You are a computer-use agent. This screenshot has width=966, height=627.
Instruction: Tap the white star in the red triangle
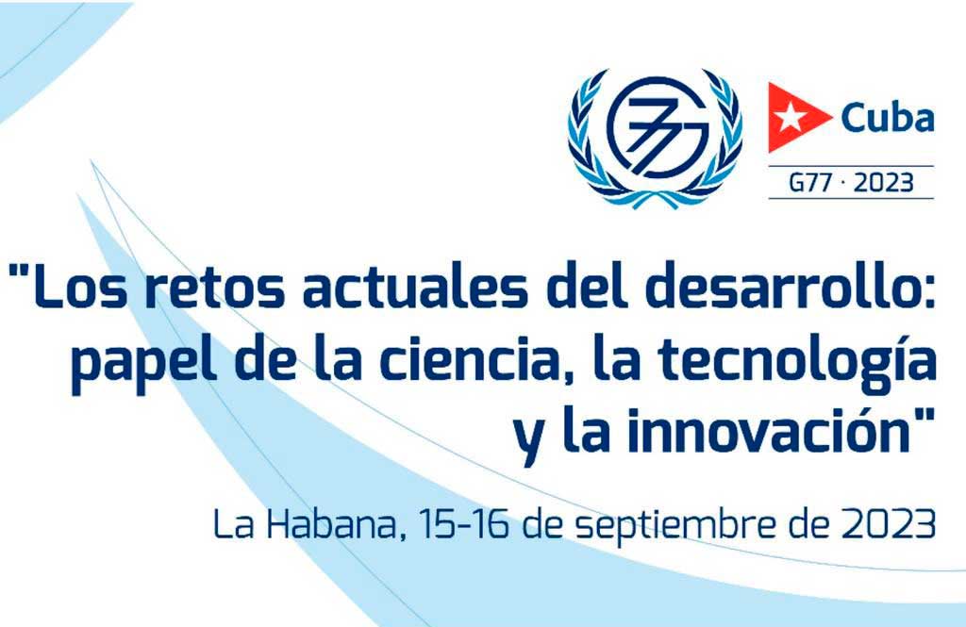(786, 118)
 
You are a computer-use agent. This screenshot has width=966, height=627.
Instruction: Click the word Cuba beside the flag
(887, 120)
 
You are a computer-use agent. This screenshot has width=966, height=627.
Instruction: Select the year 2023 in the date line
(883, 523)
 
